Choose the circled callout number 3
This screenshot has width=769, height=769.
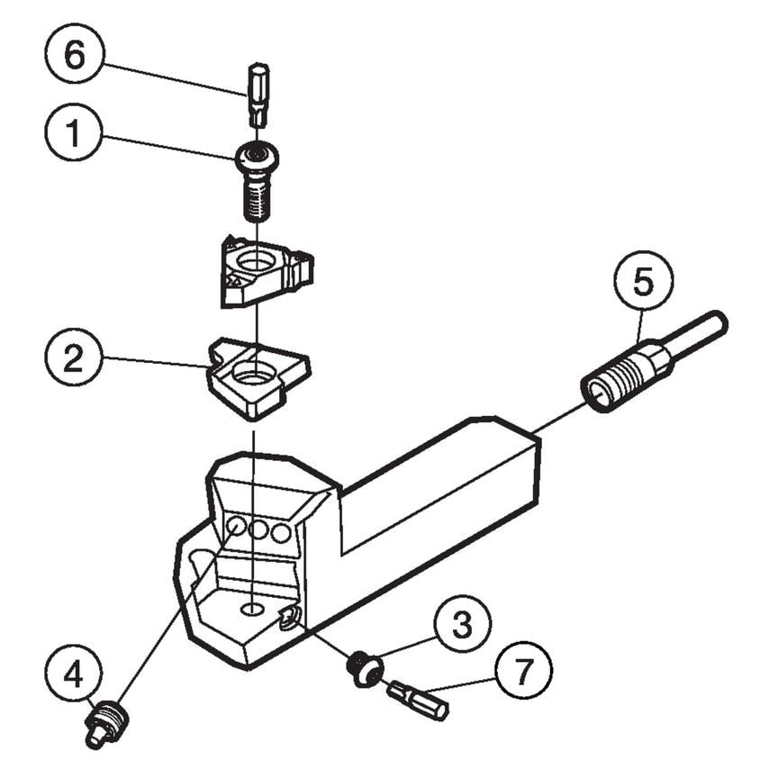pyautogui.click(x=461, y=624)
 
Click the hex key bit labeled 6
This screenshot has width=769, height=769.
pyautogui.click(x=258, y=94)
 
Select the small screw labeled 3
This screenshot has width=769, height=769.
pyautogui.click(x=365, y=668)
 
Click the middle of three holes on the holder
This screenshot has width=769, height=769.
pyautogui.click(x=259, y=529)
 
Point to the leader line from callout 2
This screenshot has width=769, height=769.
pyautogui.click(x=153, y=362)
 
